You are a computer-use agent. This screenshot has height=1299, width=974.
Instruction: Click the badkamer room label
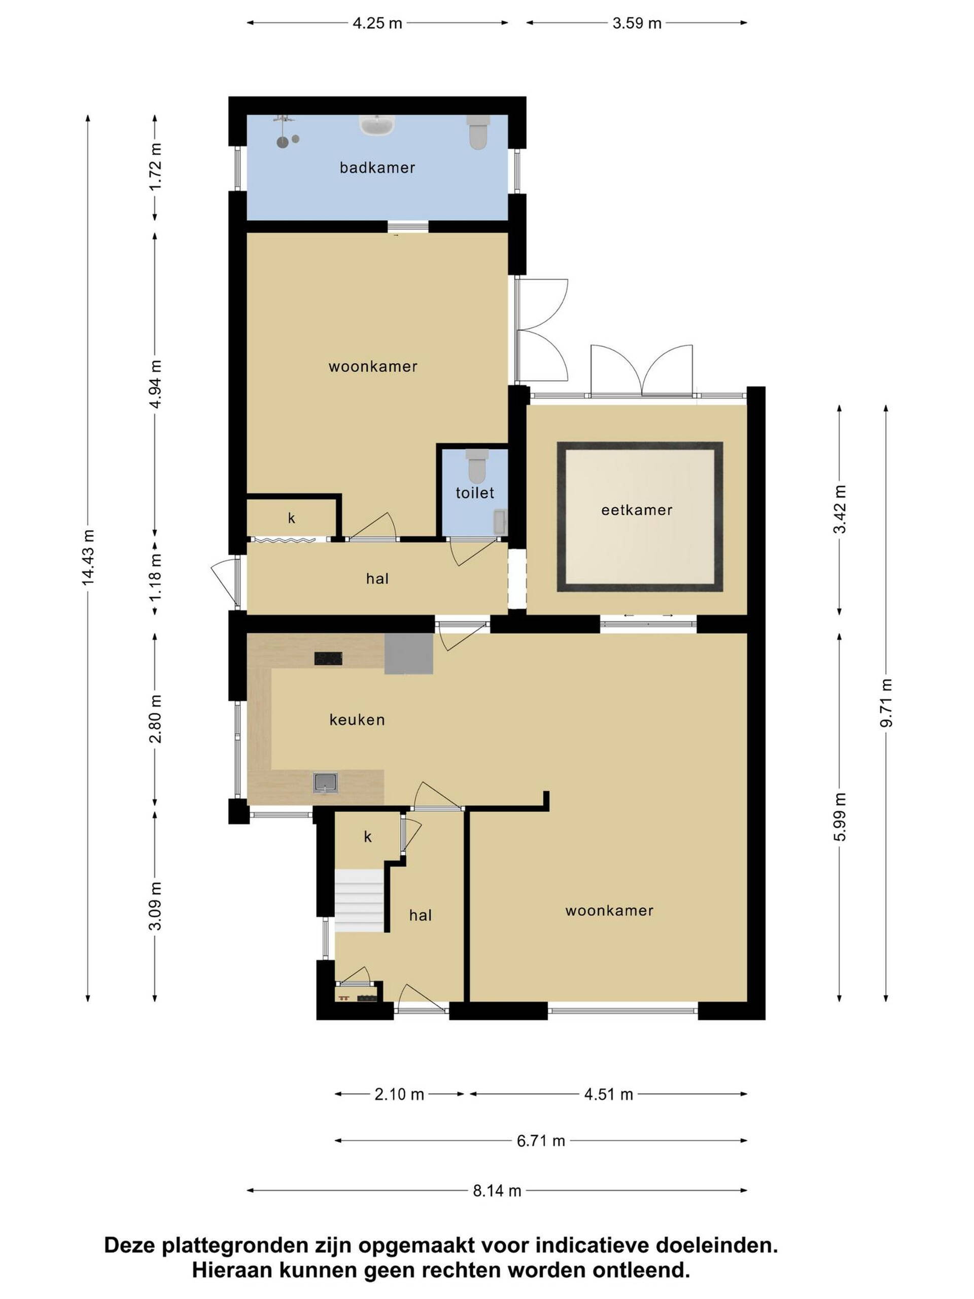(x=377, y=168)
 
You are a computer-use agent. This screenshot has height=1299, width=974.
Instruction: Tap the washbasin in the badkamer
(x=376, y=125)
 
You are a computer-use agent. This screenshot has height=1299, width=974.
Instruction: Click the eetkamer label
(x=637, y=510)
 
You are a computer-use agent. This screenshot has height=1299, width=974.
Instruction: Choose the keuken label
(x=357, y=720)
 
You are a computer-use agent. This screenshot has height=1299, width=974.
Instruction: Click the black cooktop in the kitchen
(x=328, y=658)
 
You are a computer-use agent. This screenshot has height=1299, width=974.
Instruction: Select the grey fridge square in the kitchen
(x=408, y=654)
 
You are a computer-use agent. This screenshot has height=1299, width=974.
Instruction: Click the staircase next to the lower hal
(x=359, y=901)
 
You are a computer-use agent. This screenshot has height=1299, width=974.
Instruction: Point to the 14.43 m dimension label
(x=88, y=557)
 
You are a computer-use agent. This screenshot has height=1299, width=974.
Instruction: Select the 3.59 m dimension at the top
(x=637, y=23)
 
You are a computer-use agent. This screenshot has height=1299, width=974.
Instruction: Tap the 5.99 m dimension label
(x=840, y=817)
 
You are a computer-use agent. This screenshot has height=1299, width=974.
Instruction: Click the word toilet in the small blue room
(x=475, y=493)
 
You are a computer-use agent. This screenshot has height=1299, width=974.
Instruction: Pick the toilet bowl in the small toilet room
(x=477, y=466)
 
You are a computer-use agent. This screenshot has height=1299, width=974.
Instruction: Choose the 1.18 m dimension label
(x=155, y=578)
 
